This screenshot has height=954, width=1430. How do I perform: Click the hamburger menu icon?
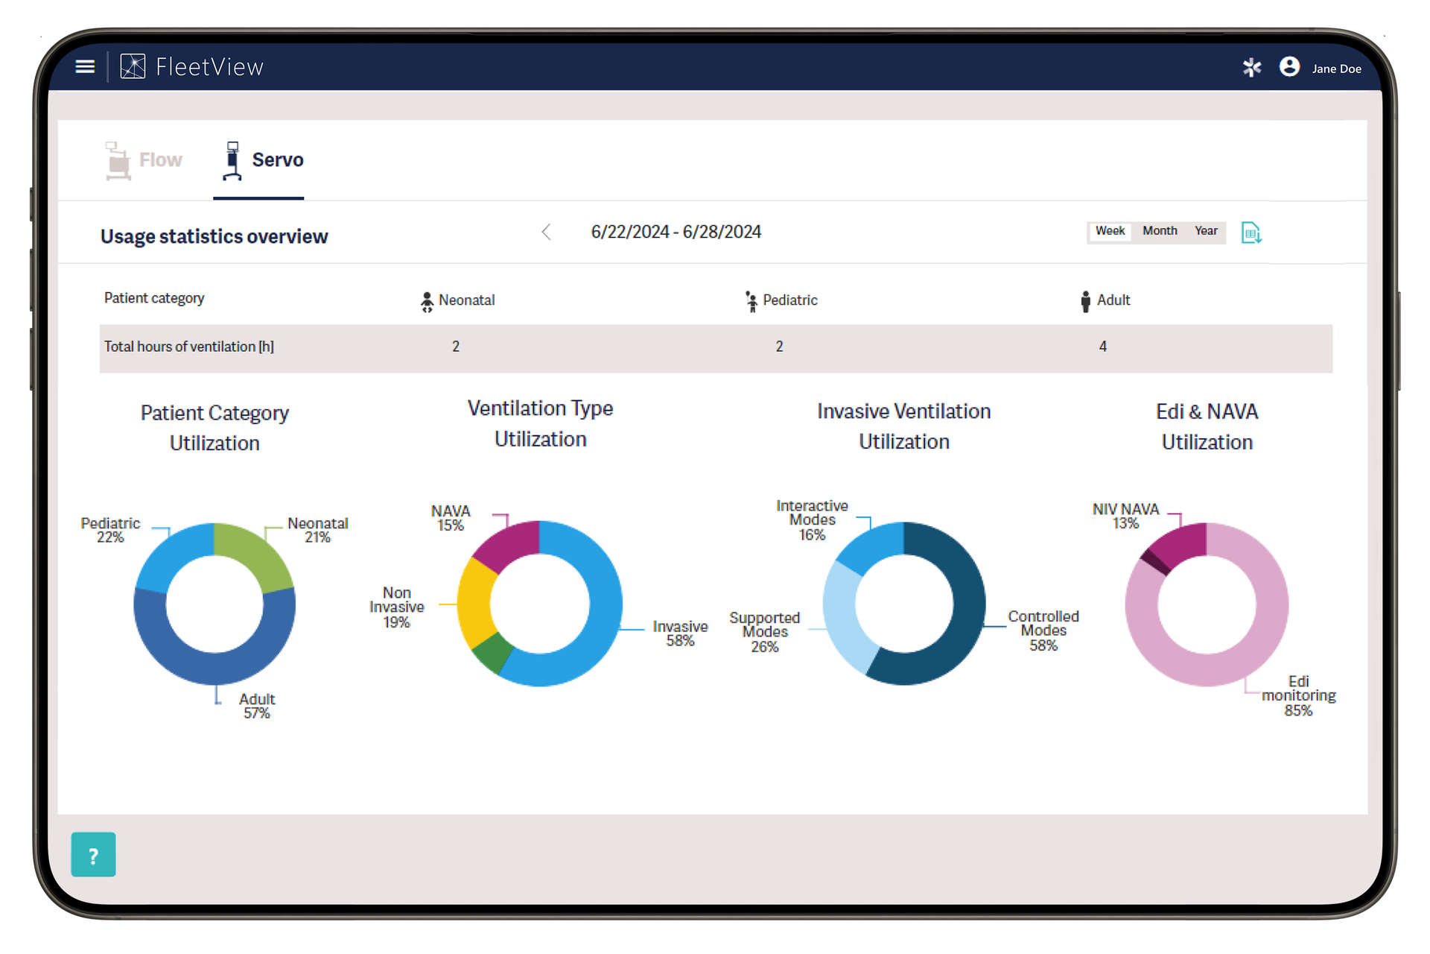(86, 67)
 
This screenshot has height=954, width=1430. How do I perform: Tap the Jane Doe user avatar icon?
(1289, 67)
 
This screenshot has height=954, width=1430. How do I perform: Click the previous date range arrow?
(546, 233)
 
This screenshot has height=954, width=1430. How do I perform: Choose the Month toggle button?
(1160, 231)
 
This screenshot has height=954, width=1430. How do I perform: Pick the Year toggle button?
(1206, 231)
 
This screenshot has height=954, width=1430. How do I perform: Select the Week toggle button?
(1110, 231)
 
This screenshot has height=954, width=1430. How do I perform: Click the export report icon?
(1251, 233)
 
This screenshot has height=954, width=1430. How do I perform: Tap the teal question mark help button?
(93, 854)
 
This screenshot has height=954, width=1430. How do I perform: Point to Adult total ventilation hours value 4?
(1103, 347)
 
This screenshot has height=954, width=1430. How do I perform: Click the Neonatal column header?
(457, 300)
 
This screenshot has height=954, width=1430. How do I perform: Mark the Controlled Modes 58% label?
(1043, 631)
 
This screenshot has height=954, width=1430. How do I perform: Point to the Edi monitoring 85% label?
(1298, 696)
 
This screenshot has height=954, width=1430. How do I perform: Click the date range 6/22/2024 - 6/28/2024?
(676, 233)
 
